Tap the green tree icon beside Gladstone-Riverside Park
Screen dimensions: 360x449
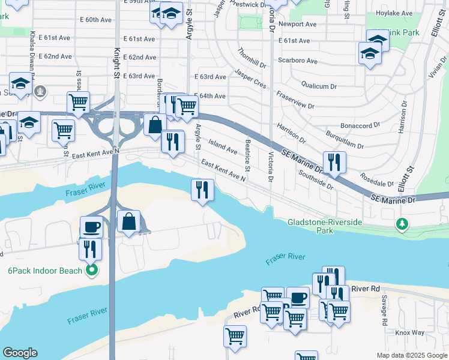click(x=402, y=224)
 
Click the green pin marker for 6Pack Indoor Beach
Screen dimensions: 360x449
click(x=91, y=271)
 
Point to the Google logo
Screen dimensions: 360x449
click(x=20, y=353)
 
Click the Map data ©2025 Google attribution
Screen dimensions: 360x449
click(x=411, y=355)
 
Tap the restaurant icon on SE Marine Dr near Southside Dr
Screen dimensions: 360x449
click(x=334, y=161)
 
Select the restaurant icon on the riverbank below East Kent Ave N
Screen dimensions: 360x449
click(x=202, y=190)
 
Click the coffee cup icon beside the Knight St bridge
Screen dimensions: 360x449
click(x=91, y=227)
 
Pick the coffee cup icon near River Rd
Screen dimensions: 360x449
click(x=298, y=297)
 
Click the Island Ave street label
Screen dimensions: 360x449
click(x=222, y=145)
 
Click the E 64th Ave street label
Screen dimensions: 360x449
click(x=210, y=96)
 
